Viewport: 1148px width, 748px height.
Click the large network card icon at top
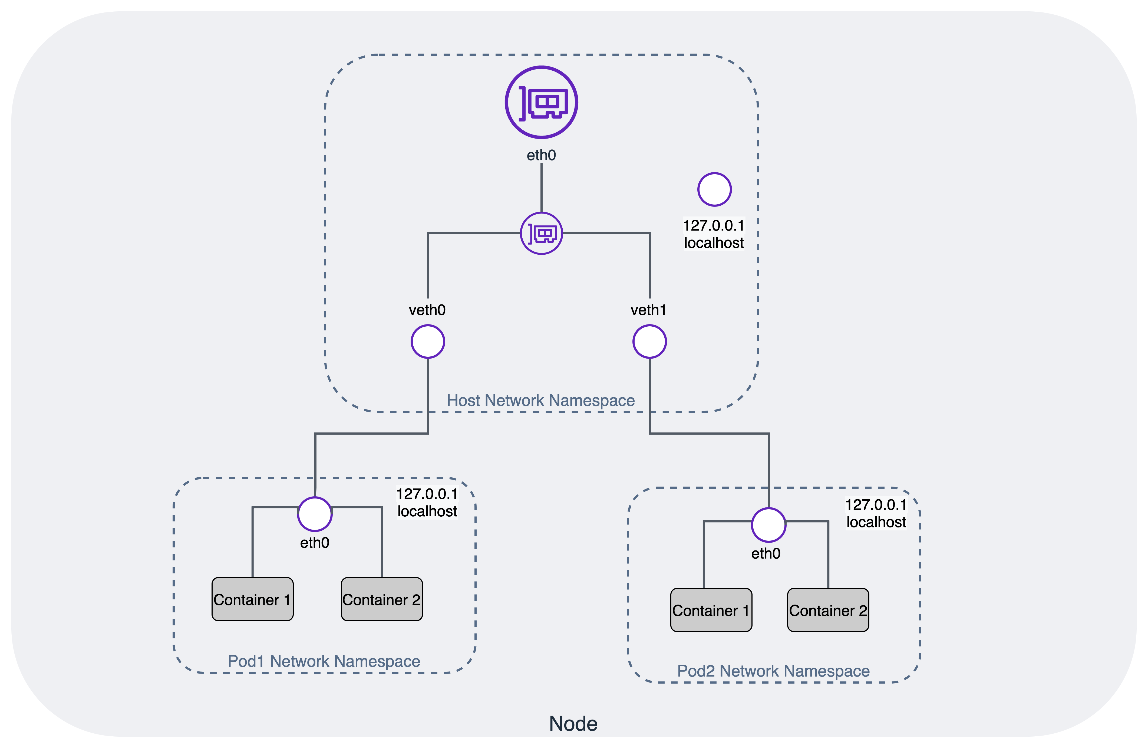click(541, 102)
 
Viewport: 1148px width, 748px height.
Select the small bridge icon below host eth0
click(541, 234)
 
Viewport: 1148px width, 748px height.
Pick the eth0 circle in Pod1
click(315, 514)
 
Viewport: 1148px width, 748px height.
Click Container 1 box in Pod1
click(252, 599)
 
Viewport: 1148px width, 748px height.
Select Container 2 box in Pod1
click(382, 599)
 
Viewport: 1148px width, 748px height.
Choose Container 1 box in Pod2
click(711, 610)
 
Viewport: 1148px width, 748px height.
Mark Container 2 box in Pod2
click(828, 610)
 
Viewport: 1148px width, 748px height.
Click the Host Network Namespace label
click(541, 401)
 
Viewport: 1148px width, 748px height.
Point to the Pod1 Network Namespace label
click(324, 661)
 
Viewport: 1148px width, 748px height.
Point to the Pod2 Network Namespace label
click(773, 671)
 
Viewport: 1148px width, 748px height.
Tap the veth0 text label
click(427, 310)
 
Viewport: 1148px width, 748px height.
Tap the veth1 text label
click(648, 310)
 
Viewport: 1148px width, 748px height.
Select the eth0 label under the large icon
click(541, 155)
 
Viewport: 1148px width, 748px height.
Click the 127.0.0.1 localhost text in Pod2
click(876, 513)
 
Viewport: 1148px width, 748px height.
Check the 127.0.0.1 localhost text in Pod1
click(427, 502)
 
